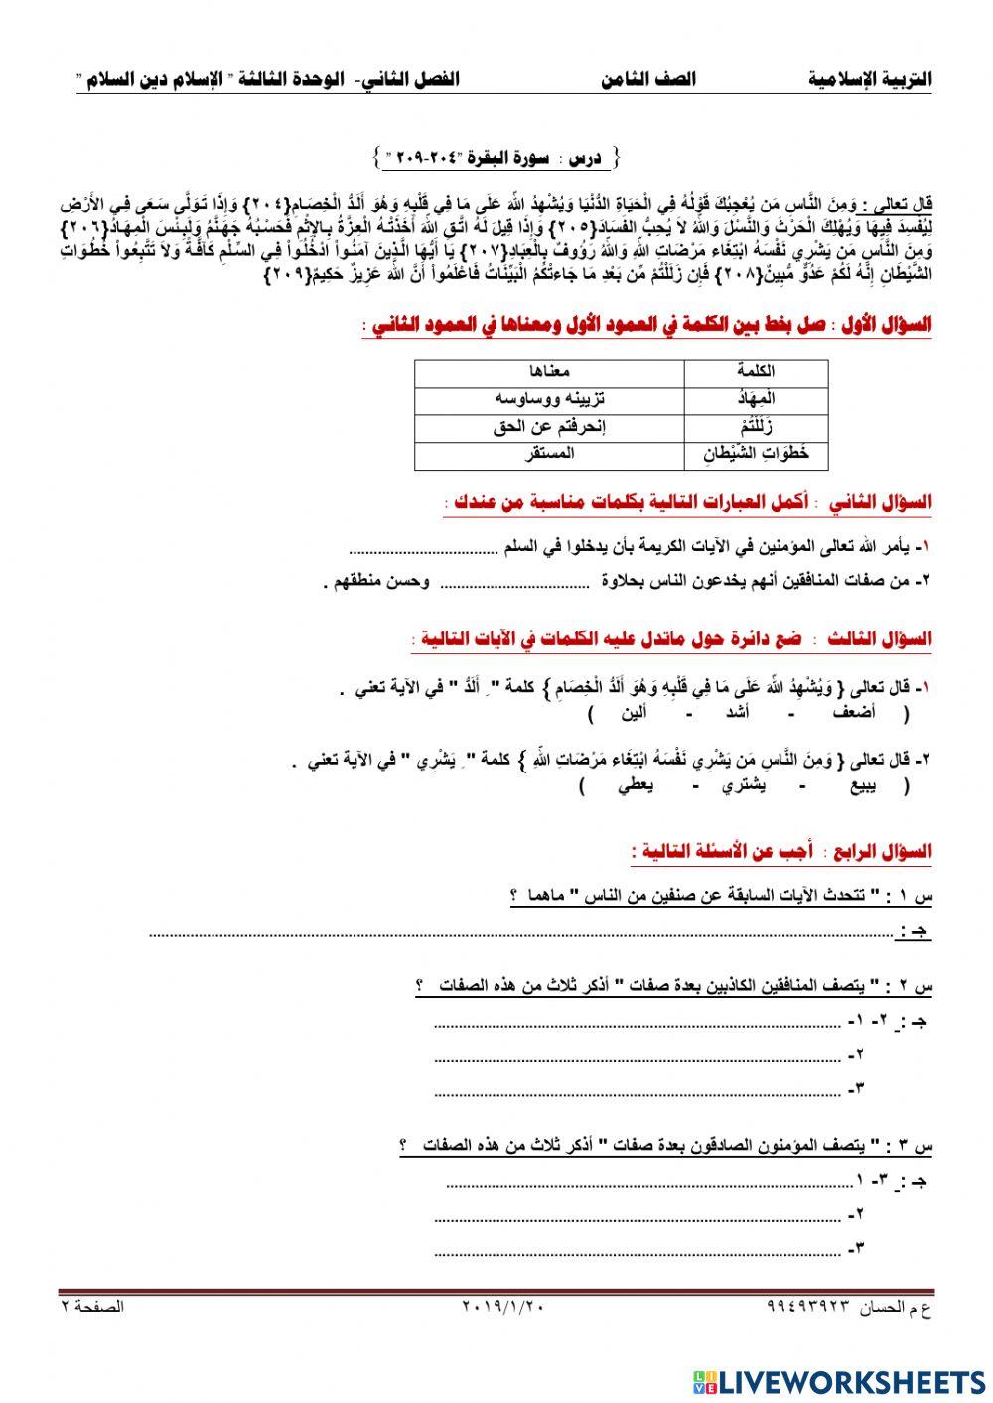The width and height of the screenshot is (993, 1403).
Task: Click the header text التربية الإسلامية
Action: (871, 79)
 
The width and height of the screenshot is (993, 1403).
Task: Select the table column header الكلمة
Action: (757, 371)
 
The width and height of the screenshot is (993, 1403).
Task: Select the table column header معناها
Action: (549, 371)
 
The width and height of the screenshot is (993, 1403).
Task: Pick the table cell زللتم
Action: (756, 427)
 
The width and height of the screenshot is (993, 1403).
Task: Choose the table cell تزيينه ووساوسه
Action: (549, 398)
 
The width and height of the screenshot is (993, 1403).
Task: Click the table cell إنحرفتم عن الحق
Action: (549, 427)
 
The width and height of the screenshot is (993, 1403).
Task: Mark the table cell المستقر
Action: (549, 455)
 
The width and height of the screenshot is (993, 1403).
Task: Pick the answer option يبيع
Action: (862, 787)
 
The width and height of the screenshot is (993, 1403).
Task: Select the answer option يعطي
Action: (635, 787)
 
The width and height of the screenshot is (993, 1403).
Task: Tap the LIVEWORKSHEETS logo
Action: (840, 1381)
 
